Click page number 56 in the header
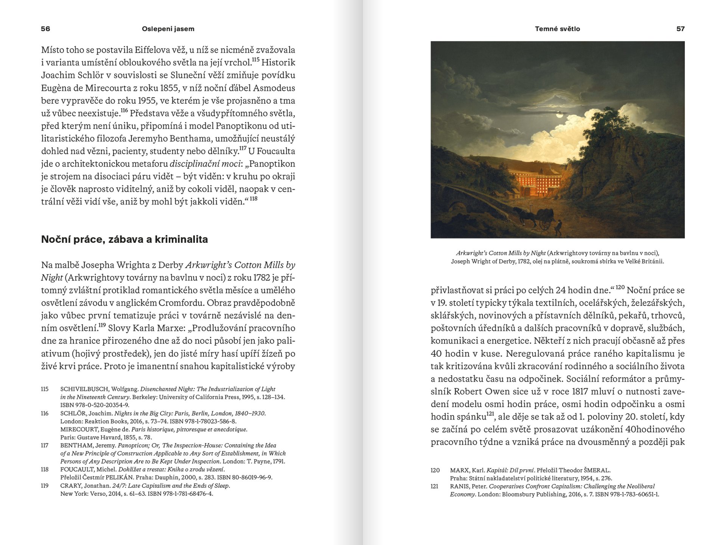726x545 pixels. click(45, 29)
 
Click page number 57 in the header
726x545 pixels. click(680, 29)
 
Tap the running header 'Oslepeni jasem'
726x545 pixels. click(168, 29)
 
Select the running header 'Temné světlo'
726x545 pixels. click(557, 29)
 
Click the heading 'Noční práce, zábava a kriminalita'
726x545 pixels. click(124, 239)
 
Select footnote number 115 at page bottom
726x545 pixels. click(45, 389)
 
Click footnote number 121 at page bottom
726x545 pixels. click(435, 486)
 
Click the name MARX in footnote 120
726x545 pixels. click(459, 470)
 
